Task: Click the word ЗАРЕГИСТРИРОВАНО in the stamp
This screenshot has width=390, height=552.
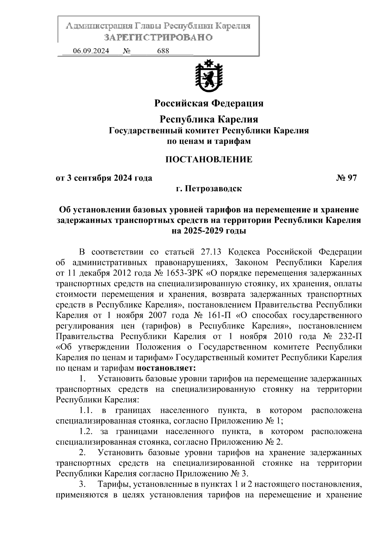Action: (x=158, y=37)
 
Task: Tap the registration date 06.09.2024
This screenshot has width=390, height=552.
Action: (x=91, y=51)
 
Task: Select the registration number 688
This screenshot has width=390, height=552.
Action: (x=163, y=51)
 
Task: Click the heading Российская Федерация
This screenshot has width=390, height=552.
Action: (x=209, y=103)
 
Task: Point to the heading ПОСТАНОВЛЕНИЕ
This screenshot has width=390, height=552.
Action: (x=209, y=159)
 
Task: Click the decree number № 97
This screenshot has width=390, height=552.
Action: (x=346, y=178)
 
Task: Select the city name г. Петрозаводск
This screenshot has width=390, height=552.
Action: (x=209, y=188)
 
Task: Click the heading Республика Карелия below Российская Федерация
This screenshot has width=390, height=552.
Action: (x=209, y=119)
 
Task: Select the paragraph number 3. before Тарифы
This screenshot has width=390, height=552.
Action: (x=83, y=484)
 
